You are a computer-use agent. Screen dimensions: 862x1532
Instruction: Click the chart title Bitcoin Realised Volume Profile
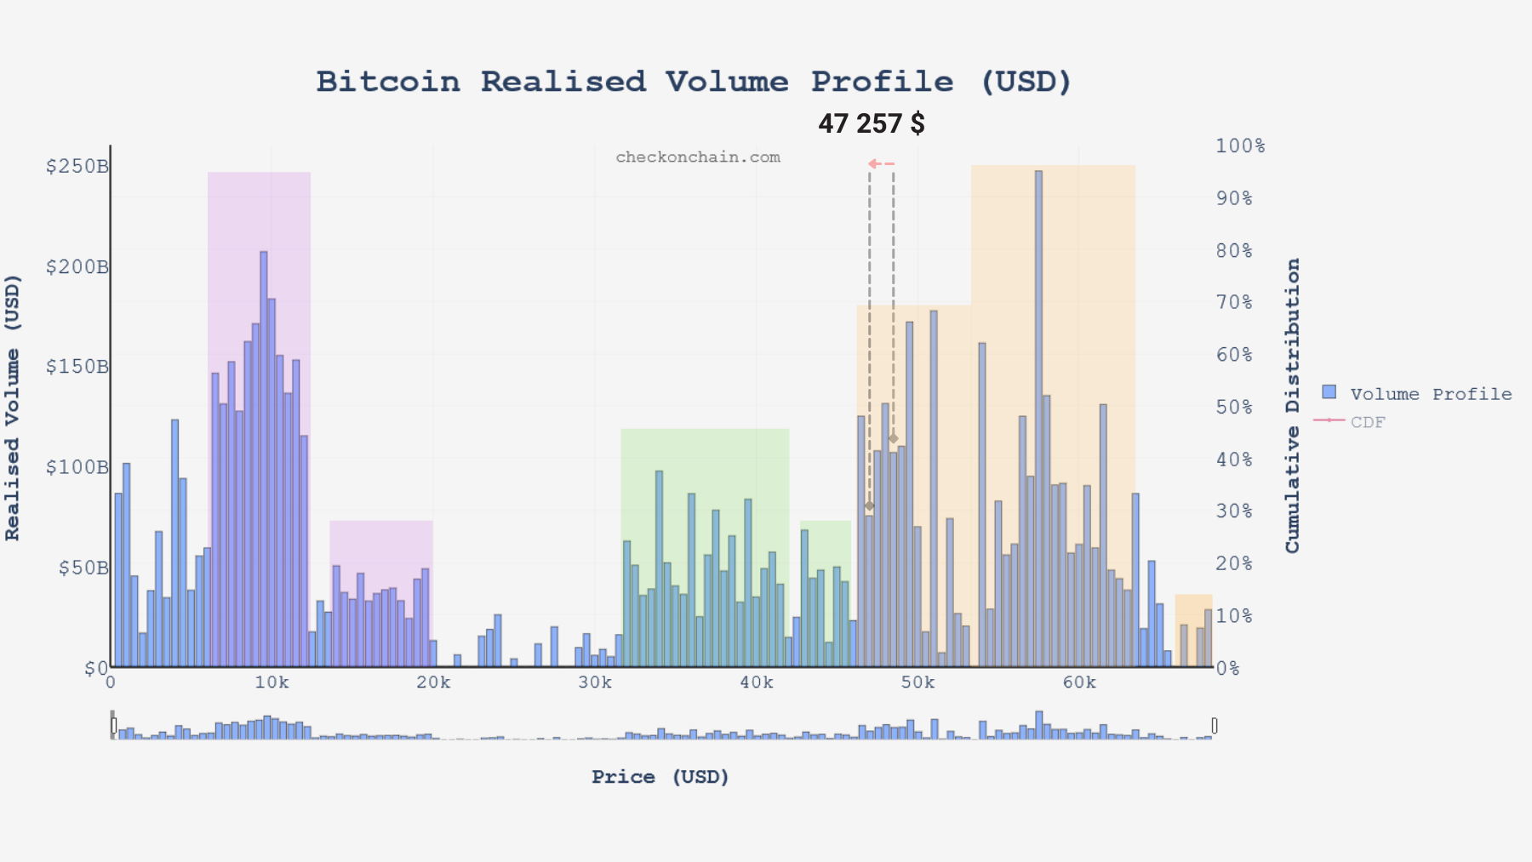pos(694,82)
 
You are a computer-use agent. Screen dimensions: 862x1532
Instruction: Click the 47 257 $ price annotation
pos(871,124)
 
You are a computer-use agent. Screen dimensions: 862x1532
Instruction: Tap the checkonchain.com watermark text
pos(697,157)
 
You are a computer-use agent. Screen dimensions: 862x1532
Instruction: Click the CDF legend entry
pos(1367,422)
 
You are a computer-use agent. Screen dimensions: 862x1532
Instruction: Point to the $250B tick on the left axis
pos(77,166)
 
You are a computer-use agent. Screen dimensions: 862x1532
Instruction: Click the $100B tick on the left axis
pos(77,467)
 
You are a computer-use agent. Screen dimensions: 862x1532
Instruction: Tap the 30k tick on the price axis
pos(594,682)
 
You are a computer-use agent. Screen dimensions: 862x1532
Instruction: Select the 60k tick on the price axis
pos(1078,682)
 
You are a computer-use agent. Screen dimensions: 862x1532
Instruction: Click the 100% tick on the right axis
pos(1239,146)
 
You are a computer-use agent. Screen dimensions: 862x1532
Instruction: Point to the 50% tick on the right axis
pos(1233,407)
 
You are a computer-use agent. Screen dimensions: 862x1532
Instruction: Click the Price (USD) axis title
pos(660,777)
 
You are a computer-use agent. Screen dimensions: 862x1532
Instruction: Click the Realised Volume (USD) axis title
pos(12,407)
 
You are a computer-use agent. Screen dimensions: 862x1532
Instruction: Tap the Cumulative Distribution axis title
pos(1293,405)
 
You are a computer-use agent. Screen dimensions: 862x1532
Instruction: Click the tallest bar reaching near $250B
pos(1038,417)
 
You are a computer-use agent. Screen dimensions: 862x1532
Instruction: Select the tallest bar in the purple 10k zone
pos(264,460)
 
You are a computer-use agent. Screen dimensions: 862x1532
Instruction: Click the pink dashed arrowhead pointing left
pos(873,163)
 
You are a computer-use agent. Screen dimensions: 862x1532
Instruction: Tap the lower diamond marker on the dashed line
pos(869,505)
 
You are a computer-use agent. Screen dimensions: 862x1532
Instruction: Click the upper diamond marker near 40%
pos(893,439)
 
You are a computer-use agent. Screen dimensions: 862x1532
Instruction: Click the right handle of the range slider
pos(1215,725)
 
